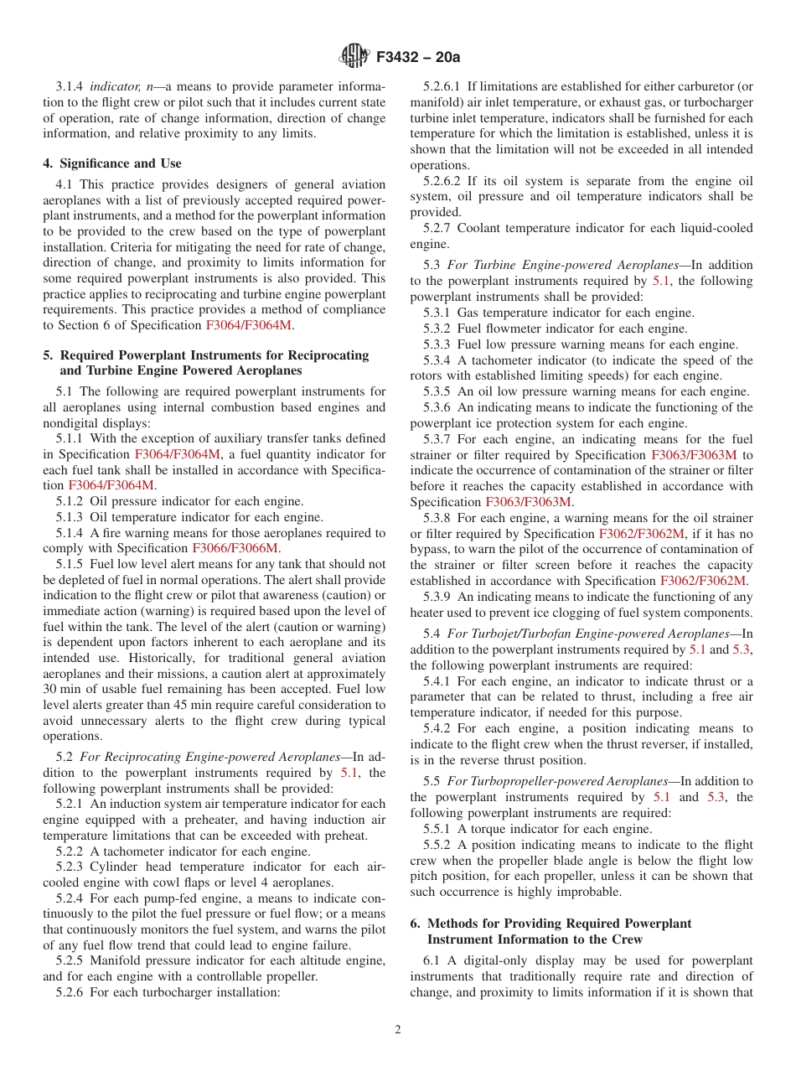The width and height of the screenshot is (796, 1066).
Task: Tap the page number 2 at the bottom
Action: [x=398, y=1030]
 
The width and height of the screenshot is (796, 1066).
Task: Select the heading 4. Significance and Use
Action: [x=112, y=163]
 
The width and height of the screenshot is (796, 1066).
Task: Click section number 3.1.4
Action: [x=70, y=87]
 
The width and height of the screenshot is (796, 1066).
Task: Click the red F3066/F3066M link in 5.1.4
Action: [x=242, y=548]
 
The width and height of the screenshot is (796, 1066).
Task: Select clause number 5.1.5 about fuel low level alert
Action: [x=70, y=564]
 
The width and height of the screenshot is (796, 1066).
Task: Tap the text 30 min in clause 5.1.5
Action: [x=62, y=674]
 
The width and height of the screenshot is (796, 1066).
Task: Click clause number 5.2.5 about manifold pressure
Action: [x=70, y=960]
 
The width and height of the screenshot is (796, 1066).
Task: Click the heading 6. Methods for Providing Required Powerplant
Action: [x=550, y=924]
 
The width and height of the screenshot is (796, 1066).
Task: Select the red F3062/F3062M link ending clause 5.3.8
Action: [x=703, y=580]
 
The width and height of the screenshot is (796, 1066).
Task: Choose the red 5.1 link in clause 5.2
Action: [x=349, y=773]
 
